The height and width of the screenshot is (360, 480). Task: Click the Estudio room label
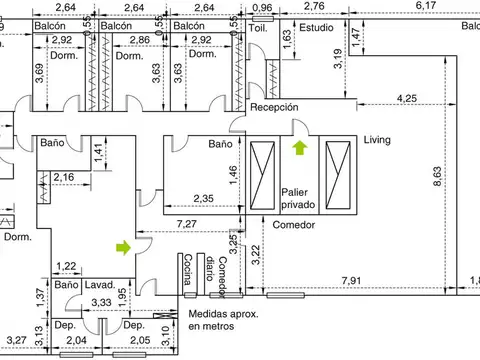coord(316,27)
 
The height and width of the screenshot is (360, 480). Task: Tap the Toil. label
coord(258,28)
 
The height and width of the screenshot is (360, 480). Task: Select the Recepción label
coord(274,107)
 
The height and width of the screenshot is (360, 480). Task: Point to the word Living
coord(377,140)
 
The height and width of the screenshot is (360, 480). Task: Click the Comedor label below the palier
coord(293,225)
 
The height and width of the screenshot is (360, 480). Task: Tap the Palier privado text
coord(298,198)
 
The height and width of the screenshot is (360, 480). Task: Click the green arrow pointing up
coord(300,148)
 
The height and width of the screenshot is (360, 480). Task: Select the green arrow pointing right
coord(123,248)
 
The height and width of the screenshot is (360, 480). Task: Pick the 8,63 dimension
coord(437,176)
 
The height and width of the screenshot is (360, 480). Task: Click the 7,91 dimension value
coord(351,280)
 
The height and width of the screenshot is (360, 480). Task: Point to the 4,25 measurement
coord(407,98)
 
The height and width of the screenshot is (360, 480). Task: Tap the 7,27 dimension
coord(187,224)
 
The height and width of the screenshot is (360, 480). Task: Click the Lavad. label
coord(100,285)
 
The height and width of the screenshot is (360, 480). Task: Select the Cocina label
coord(188,269)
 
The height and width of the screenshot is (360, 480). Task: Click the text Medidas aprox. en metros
coord(223,320)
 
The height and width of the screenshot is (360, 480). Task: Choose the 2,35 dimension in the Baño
coord(203,199)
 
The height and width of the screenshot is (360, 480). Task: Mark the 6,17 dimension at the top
coord(426,5)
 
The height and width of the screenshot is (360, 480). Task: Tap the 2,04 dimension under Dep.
coord(76,340)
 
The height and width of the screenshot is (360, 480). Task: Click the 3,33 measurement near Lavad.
coord(101,302)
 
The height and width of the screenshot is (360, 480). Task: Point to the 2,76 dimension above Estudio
coord(314,6)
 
